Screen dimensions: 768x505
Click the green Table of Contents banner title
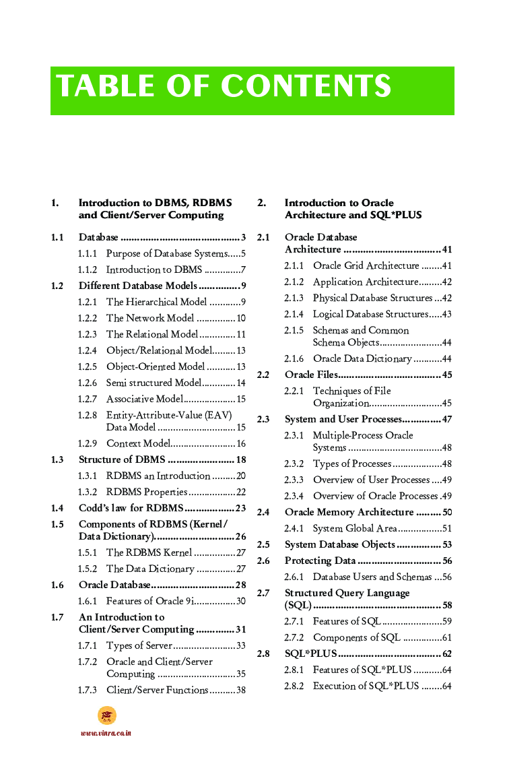(224, 87)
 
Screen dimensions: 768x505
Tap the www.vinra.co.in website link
(106, 733)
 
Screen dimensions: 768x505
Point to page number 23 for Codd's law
(240, 508)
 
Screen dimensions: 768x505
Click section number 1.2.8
(88, 415)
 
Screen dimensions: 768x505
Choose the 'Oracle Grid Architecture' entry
(366, 265)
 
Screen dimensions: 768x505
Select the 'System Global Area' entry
(354, 528)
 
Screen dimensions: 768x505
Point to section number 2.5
(263, 544)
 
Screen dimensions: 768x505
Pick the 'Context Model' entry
(138, 443)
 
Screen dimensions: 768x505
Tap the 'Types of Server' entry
(139, 645)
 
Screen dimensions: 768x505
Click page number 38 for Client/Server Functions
(240, 690)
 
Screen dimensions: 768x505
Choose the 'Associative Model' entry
(145, 399)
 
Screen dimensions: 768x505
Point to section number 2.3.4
(294, 496)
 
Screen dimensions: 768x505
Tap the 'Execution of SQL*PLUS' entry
(366, 686)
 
